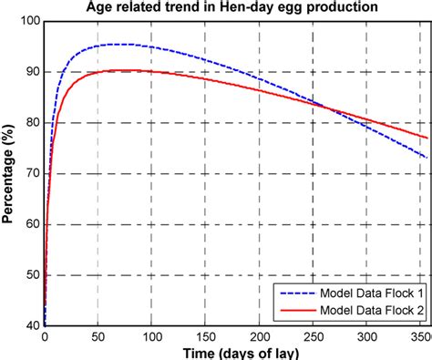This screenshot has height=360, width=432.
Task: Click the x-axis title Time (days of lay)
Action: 236,352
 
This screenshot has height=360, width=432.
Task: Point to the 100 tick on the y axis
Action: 29,21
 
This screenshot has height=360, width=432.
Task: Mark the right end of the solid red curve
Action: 426,138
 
